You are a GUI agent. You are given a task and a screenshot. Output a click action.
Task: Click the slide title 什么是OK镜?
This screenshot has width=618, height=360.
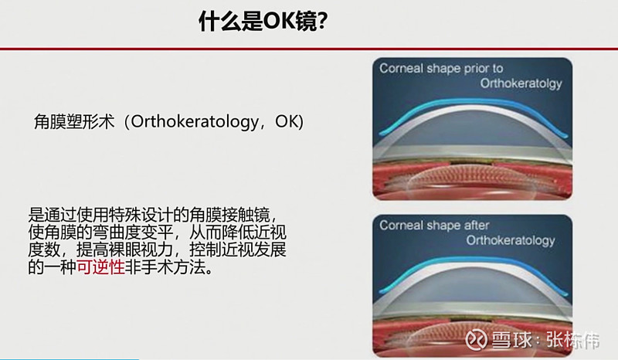(x=263, y=22)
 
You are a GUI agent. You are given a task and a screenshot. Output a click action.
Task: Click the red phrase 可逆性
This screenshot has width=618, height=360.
(x=100, y=267)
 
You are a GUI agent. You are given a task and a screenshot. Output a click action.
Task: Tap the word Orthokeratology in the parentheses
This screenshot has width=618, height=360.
(x=195, y=122)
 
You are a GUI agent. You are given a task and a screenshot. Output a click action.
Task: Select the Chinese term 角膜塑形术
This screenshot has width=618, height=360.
(x=74, y=122)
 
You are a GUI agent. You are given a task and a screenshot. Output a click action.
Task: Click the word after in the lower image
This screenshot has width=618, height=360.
(x=477, y=225)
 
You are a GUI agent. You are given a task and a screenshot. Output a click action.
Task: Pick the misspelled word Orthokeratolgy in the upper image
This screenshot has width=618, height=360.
(x=521, y=83)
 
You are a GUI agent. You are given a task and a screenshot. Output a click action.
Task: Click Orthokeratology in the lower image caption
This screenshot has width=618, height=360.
(x=511, y=240)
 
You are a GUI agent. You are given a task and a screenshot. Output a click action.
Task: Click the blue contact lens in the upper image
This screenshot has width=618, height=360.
(x=473, y=103)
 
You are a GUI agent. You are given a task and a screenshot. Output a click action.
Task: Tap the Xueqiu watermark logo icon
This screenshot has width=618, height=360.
(x=476, y=339)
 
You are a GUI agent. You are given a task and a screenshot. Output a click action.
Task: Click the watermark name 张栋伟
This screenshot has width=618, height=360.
(x=572, y=339)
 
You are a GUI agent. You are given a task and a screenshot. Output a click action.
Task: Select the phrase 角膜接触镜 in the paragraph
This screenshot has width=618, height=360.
(x=229, y=216)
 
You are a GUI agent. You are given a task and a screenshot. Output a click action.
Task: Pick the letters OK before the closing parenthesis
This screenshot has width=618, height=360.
(x=287, y=122)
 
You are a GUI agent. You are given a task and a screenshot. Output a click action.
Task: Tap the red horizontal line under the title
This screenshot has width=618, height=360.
(x=309, y=49)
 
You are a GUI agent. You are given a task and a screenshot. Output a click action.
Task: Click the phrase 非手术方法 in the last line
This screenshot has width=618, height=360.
(x=165, y=267)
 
